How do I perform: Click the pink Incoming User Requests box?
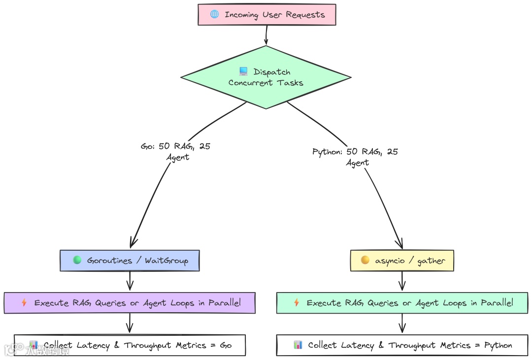point(266,14)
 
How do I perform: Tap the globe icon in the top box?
point(214,14)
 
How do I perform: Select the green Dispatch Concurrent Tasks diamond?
point(266,77)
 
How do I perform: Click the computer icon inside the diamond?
point(243,72)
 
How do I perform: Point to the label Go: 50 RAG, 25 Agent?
point(176,152)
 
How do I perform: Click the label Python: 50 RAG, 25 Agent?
point(355,157)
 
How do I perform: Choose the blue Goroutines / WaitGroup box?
point(130,261)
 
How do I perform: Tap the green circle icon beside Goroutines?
point(77,260)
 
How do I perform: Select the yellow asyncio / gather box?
point(401,261)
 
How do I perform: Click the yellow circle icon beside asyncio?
point(365,260)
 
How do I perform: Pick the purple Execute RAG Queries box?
point(130,303)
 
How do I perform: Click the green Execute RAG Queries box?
point(402,303)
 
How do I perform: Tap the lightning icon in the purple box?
point(24,303)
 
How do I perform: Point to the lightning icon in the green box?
point(297,303)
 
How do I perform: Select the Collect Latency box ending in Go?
point(130,345)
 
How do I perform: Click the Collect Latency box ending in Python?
point(402,345)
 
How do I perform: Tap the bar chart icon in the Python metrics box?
point(298,345)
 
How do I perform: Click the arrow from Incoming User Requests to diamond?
point(266,35)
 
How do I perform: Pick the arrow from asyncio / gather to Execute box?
point(402,281)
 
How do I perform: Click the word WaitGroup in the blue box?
point(166,261)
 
